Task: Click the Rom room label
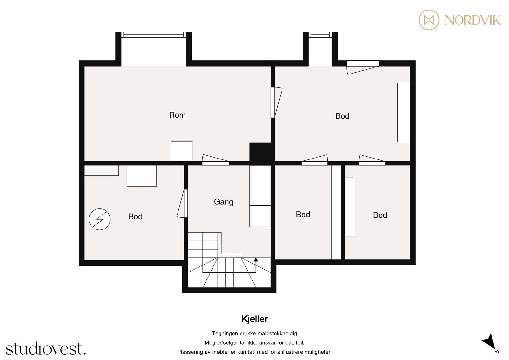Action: [177, 115]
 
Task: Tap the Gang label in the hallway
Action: [223, 202]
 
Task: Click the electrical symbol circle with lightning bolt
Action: [100, 219]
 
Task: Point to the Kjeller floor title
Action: [254, 319]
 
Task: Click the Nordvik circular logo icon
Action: [429, 20]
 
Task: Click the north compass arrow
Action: [489, 341]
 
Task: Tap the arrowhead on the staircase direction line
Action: [256, 260]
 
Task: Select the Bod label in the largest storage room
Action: [342, 116]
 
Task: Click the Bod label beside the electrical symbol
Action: [135, 217]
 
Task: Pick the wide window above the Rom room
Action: [154, 35]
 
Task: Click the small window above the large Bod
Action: [320, 35]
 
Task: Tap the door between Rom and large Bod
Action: [275, 102]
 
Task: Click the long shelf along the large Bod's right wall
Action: [403, 112]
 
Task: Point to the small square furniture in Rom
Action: [181, 151]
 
